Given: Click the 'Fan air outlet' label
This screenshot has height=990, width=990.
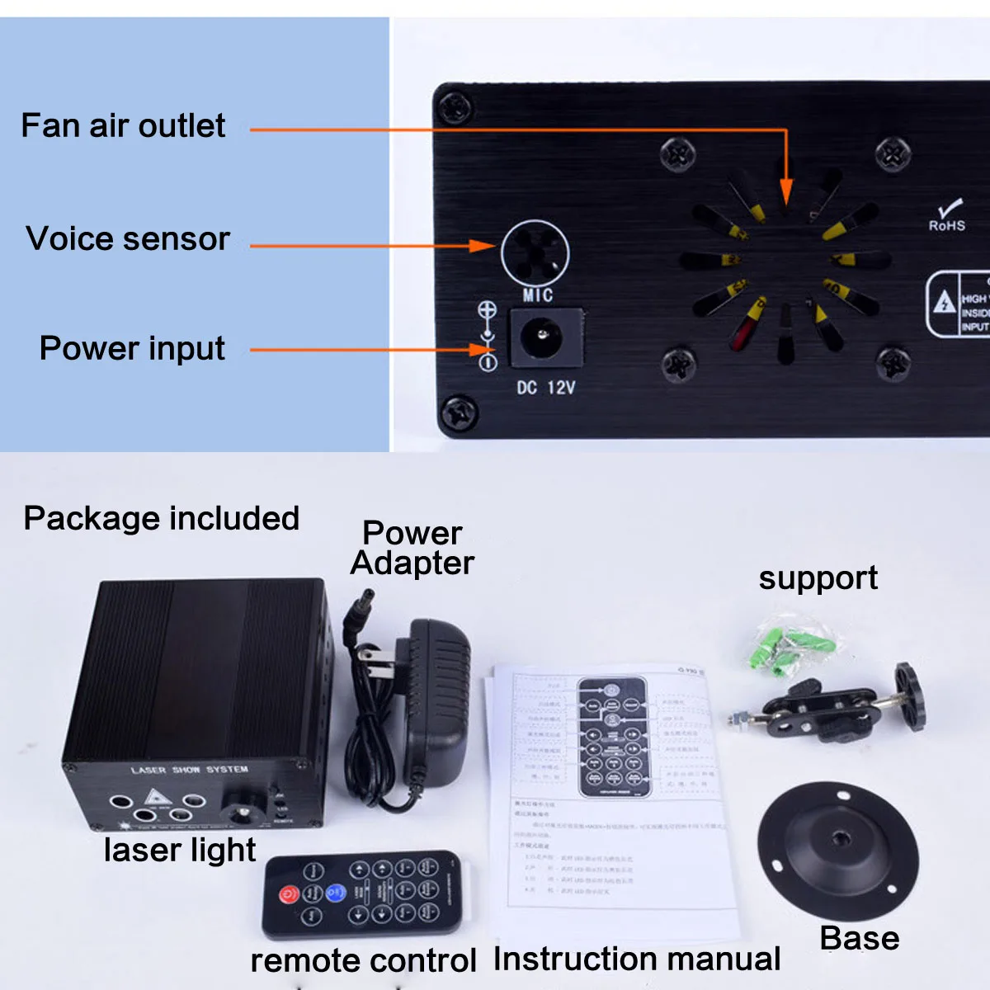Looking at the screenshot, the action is click(x=123, y=126).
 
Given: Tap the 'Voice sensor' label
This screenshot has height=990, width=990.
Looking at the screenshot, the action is click(x=128, y=239).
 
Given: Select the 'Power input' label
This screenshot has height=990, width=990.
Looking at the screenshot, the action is click(x=132, y=349).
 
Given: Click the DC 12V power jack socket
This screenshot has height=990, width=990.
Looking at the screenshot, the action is click(x=543, y=337).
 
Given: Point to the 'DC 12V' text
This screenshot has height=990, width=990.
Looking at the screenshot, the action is click(x=546, y=387).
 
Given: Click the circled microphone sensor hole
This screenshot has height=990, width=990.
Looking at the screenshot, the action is click(x=535, y=253).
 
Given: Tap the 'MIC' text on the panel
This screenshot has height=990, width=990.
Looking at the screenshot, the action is click(x=537, y=295).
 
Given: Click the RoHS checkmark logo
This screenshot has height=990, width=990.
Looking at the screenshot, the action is click(x=947, y=215).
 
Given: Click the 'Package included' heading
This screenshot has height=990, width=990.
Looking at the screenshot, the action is click(x=162, y=519).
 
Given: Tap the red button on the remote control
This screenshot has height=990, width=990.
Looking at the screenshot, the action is click(x=289, y=894).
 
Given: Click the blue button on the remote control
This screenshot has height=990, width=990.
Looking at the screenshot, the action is click(x=335, y=892).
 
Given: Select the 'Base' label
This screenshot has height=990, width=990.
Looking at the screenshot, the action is click(x=859, y=939).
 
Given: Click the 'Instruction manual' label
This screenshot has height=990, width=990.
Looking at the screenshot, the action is click(x=637, y=959).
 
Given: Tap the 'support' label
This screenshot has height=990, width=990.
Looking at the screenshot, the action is click(x=818, y=578).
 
